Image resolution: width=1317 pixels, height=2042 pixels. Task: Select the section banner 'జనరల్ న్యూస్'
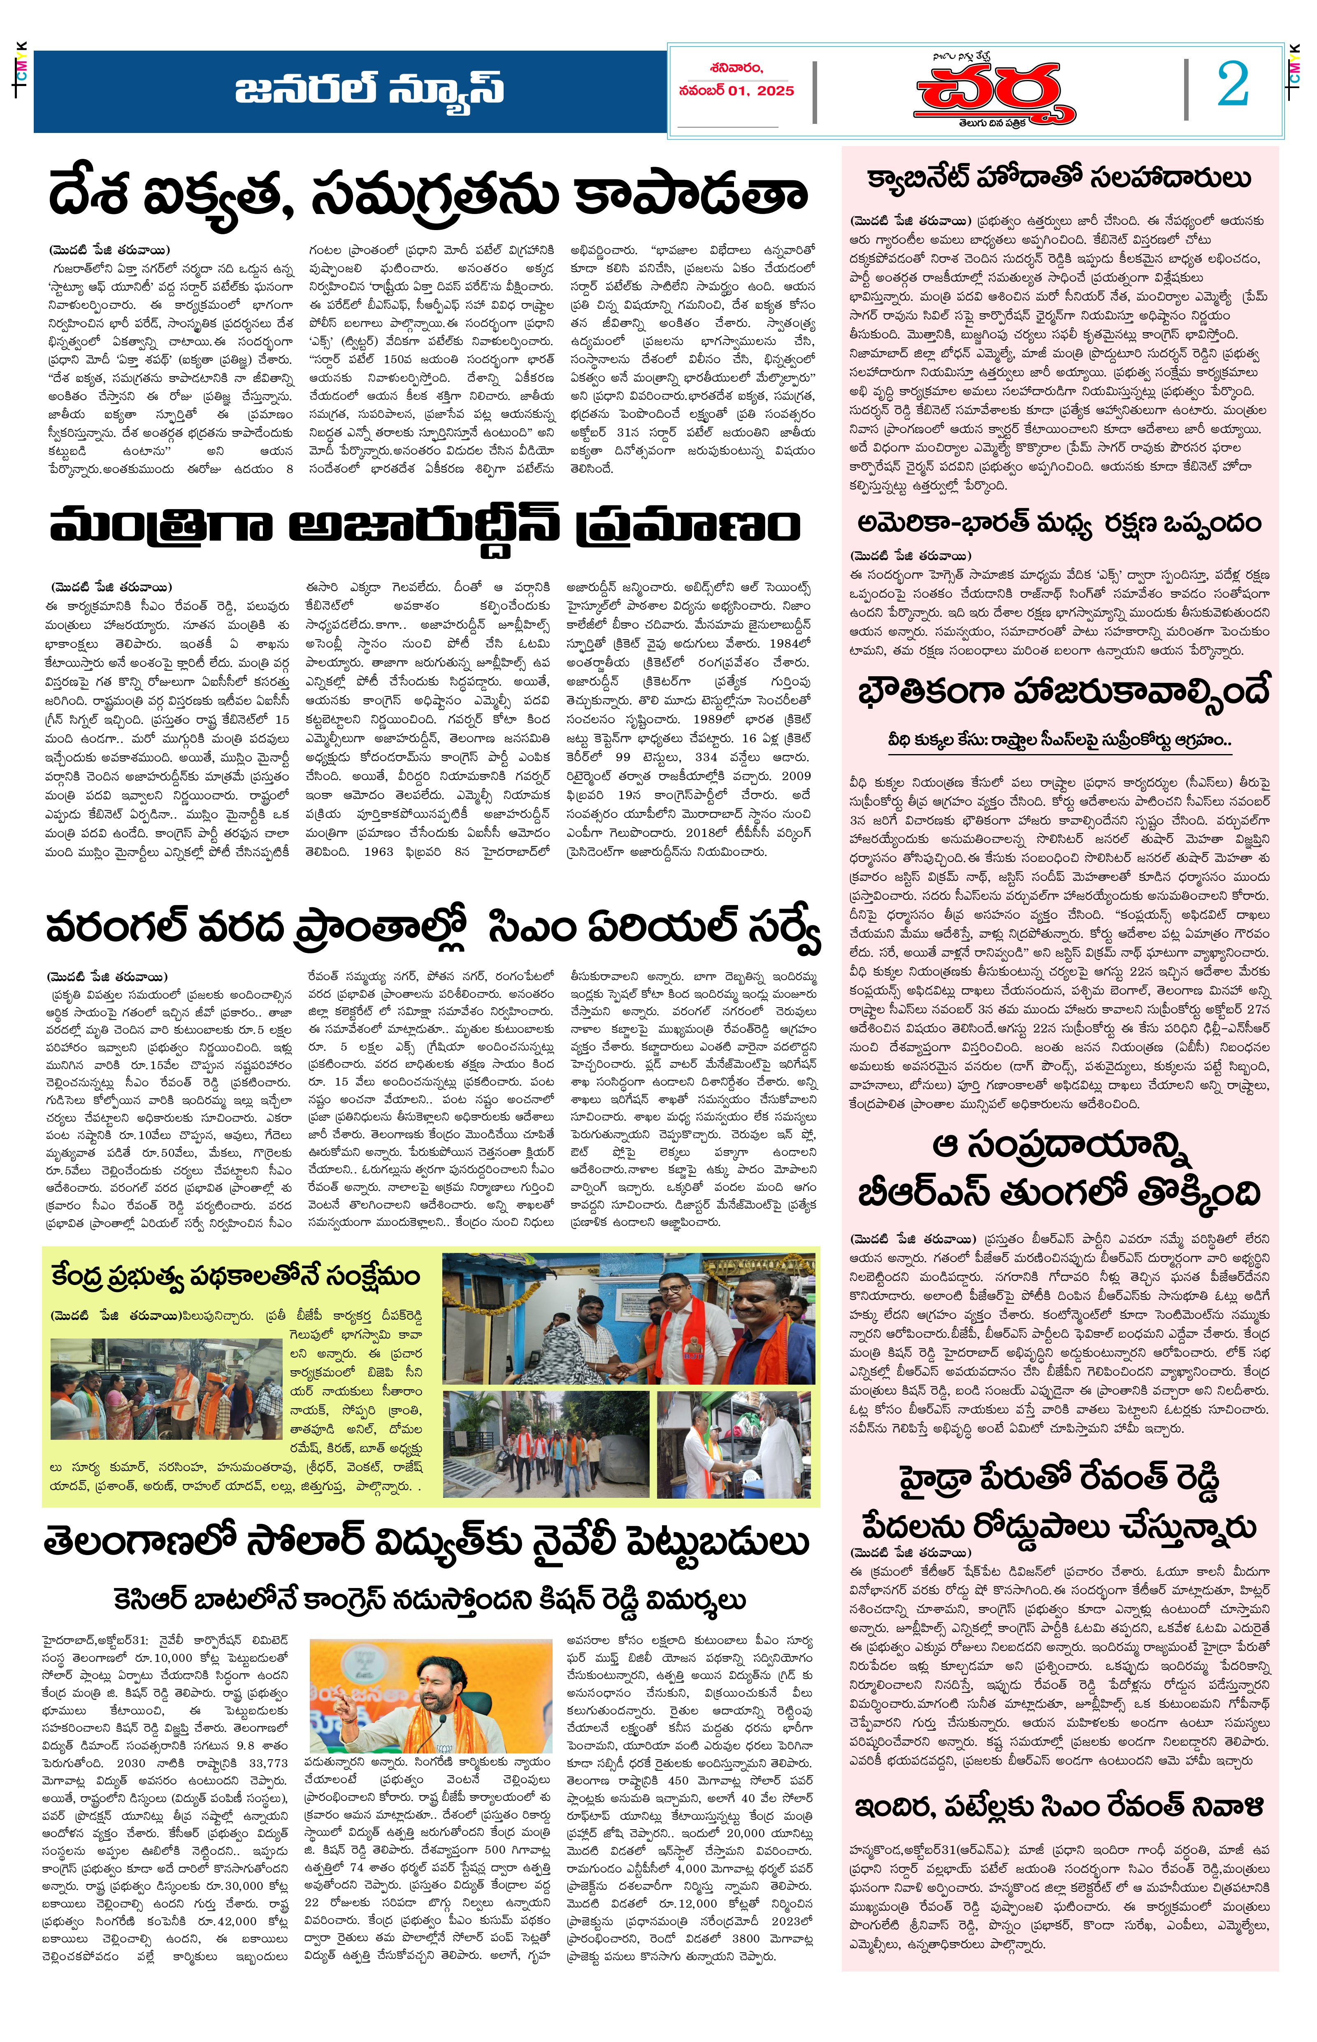[369, 89]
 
